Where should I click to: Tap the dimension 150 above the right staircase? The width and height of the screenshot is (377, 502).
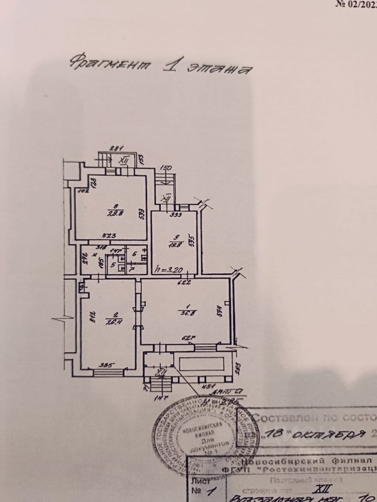click(165, 168)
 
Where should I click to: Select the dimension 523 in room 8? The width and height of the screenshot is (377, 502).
click(109, 236)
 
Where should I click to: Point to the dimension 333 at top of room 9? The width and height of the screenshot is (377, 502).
click(175, 214)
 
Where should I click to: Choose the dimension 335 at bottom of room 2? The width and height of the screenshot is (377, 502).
click(107, 366)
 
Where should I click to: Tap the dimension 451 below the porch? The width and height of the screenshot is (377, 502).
click(209, 387)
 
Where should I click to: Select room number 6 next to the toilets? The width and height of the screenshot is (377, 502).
click(134, 254)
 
